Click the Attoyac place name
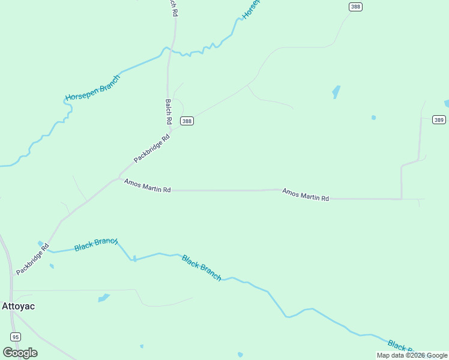click(x=19, y=306)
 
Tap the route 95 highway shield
click(x=15, y=336)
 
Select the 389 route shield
click(x=439, y=120)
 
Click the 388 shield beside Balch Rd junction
click(x=187, y=121)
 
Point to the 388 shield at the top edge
click(x=355, y=6)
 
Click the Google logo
click(x=20, y=353)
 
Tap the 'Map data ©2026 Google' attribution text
click(x=412, y=355)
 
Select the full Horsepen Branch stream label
click(x=93, y=88)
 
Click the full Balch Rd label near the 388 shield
click(x=169, y=112)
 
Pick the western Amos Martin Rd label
click(x=147, y=185)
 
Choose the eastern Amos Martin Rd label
click(x=306, y=194)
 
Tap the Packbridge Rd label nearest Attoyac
click(x=32, y=259)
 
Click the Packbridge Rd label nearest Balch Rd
click(x=152, y=148)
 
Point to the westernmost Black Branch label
click(x=95, y=244)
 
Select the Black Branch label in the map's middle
click(x=202, y=268)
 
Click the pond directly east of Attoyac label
click(x=104, y=298)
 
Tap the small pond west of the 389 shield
click(x=373, y=118)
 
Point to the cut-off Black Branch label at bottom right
click(x=401, y=346)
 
